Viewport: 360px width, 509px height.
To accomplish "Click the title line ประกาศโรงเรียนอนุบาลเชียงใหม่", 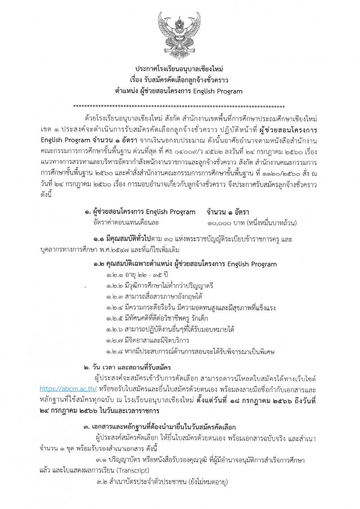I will tap(179, 68).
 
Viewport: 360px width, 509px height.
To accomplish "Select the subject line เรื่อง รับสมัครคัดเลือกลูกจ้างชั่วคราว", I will tap(179, 80).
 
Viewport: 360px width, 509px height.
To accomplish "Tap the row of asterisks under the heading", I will tap(179, 107).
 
